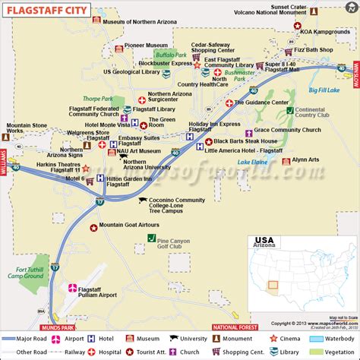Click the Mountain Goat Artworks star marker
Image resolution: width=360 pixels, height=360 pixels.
coord(93,226)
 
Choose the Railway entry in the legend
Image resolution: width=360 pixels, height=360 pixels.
coord(82,352)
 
